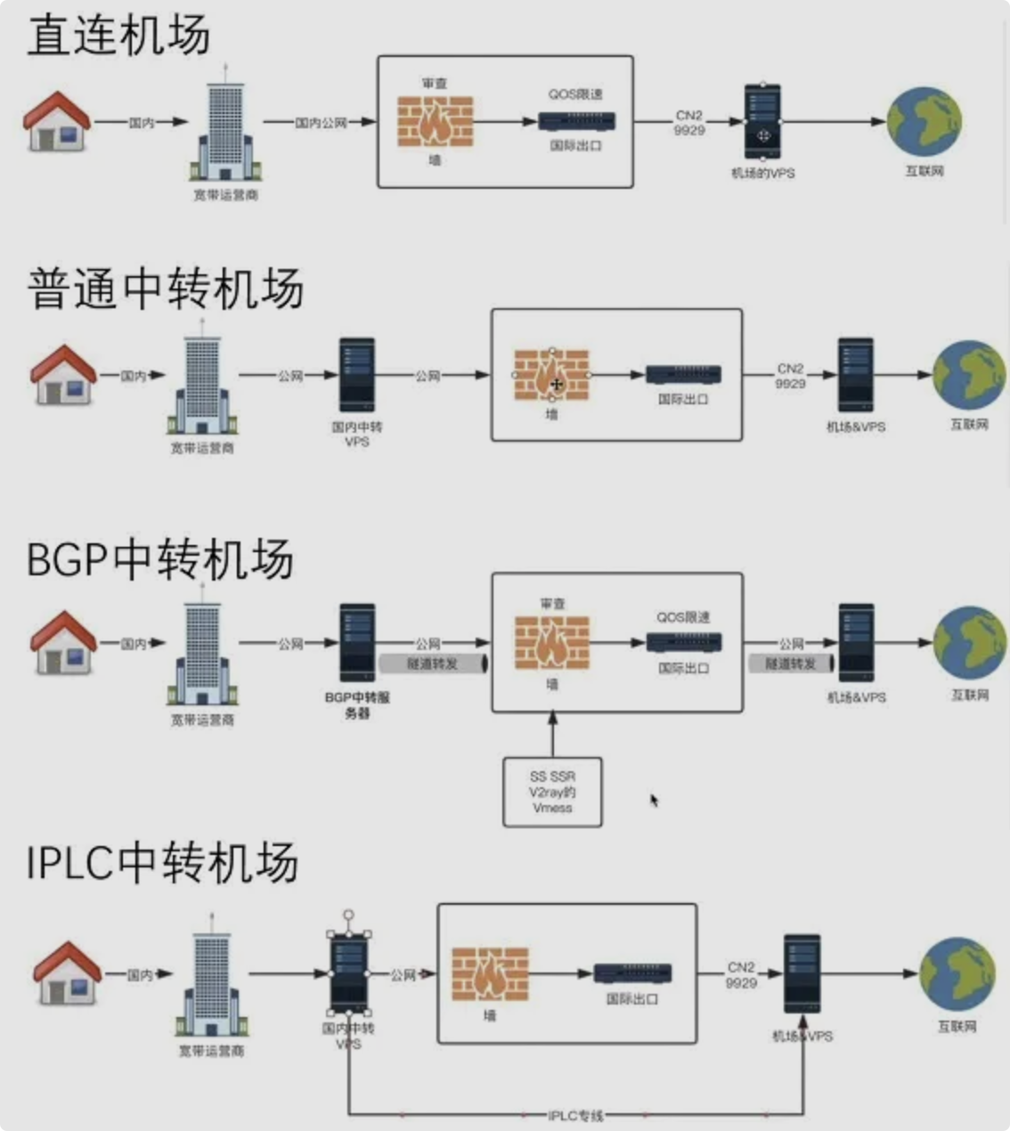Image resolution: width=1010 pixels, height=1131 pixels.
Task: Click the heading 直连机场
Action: coord(118,37)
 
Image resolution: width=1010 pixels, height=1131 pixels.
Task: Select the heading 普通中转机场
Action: coord(166,289)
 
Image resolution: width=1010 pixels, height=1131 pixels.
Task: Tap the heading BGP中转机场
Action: coord(160,559)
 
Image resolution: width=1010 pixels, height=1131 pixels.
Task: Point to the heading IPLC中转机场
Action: coord(162,862)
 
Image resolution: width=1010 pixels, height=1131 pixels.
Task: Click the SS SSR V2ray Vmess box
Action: coord(552,792)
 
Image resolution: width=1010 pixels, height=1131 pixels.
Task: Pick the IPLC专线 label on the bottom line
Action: coord(575,1115)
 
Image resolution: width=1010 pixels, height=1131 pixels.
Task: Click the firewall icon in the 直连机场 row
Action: coord(435,122)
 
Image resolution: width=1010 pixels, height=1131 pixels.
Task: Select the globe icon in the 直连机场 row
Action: coord(924,122)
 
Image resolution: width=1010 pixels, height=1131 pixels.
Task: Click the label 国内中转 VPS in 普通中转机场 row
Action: coord(357,434)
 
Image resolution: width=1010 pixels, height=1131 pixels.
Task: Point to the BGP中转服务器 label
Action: coord(357,705)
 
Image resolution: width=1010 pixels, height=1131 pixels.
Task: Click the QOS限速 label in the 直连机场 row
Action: coord(575,94)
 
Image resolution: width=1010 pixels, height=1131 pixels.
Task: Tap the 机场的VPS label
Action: coord(762,173)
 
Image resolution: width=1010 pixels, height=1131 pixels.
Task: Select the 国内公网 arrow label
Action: coord(321,123)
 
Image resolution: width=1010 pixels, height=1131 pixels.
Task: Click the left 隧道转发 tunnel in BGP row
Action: coord(433,663)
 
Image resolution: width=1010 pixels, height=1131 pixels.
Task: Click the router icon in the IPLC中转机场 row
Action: coord(632,973)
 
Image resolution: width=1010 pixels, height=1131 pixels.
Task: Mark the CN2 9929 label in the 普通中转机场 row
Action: coord(790,376)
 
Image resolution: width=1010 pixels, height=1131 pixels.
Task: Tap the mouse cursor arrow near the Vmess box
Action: coord(654,800)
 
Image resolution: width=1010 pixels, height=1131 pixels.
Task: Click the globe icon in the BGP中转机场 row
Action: coord(969,641)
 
